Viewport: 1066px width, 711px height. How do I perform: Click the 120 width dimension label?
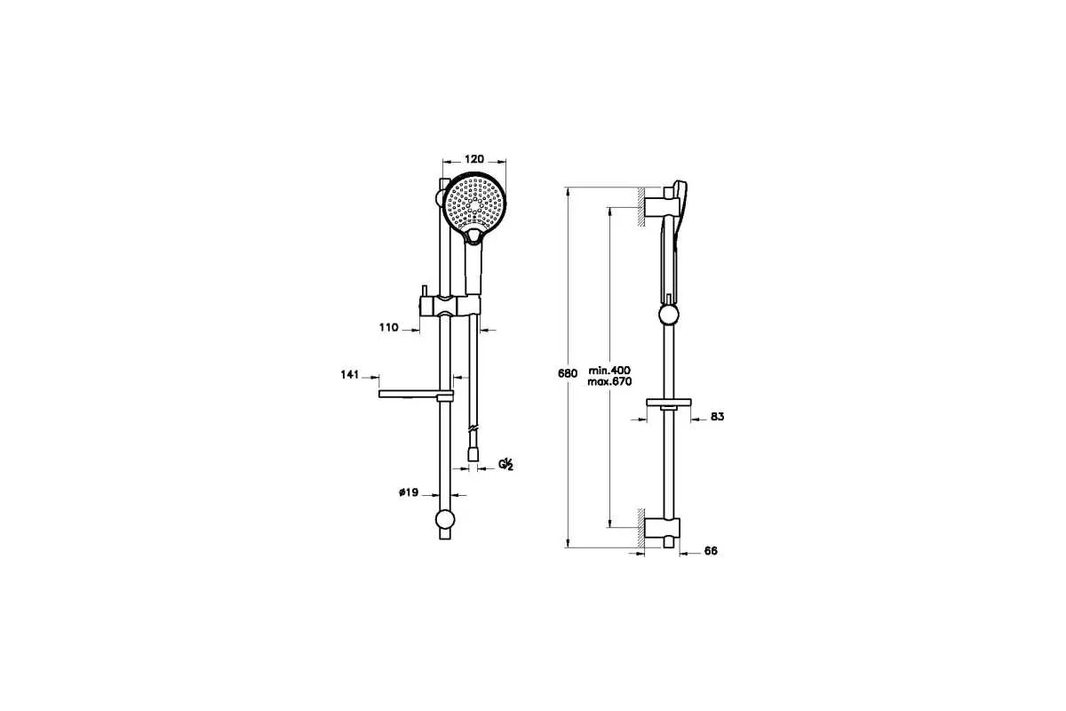(474, 159)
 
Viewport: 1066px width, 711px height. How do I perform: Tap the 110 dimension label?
(388, 328)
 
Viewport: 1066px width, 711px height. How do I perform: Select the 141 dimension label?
(350, 375)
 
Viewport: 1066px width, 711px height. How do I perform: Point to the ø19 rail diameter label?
(409, 492)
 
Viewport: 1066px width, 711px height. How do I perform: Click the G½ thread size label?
(505, 464)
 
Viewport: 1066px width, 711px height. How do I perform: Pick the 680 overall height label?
(568, 373)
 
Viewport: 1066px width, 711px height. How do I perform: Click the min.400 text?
(609, 371)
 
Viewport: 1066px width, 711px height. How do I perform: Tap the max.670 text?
(609, 382)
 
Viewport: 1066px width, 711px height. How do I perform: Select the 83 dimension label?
(717, 417)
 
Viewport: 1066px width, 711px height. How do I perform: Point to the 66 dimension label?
(711, 551)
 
